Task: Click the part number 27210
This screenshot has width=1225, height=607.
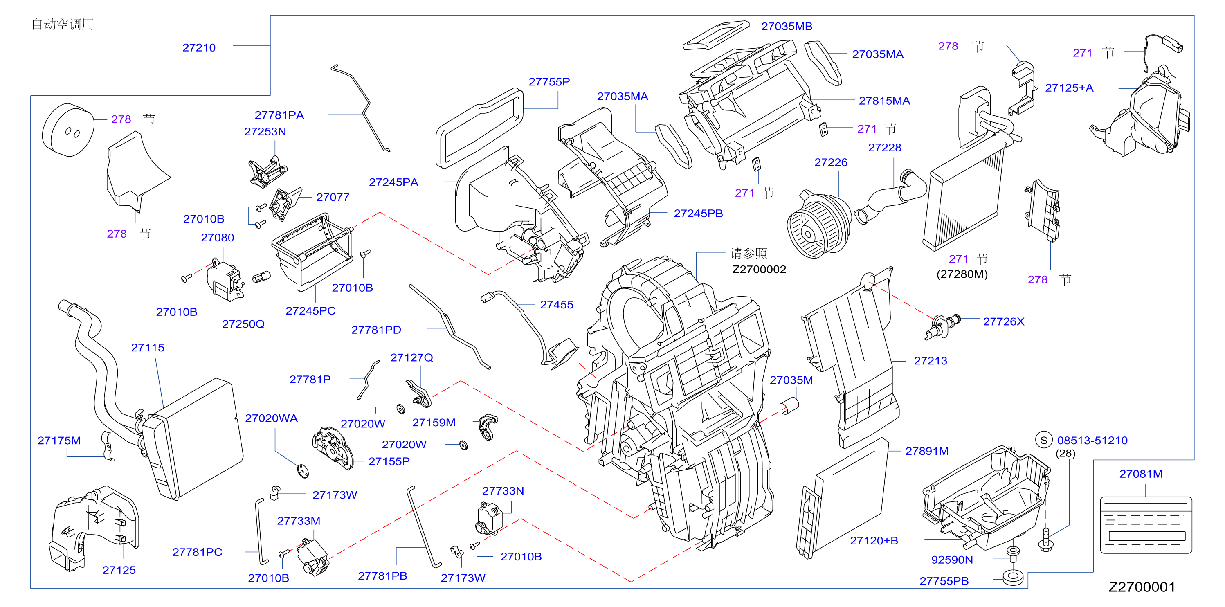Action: pyautogui.click(x=199, y=47)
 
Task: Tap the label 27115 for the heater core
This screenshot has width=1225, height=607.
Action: pyautogui.click(x=147, y=348)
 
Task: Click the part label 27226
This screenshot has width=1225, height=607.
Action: pyautogui.click(x=831, y=162)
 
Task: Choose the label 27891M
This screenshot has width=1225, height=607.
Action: pyautogui.click(x=927, y=451)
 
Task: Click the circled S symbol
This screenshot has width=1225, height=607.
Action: pyautogui.click(x=1043, y=440)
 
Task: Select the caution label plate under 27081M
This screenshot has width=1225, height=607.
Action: pyautogui.click(x=1146, y=525)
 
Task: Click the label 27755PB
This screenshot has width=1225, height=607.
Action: pyautogui.click(x=944, y=581)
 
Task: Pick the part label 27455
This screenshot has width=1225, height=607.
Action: pyautogui.click(x=556, y=304)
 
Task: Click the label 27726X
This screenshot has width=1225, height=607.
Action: pyautogui.click(x=1003, y=321)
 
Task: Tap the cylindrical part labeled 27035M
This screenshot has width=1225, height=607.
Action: pyautogui.click(x=790, y=406)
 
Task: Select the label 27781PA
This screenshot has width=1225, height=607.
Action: pyautogui.click(x=279, y=115)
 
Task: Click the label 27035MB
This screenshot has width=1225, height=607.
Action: pyautogui.click(x=787, y=26)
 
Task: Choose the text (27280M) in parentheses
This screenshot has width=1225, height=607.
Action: pyautogui.click(x=962, y=274)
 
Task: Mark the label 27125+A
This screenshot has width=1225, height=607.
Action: pyautogui.click(x=1069, y=88)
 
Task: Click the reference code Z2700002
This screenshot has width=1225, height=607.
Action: pyautogui.click(x=759, y=269)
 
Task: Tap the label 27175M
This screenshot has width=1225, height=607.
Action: pyautogui.click(x=59, y=441)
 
